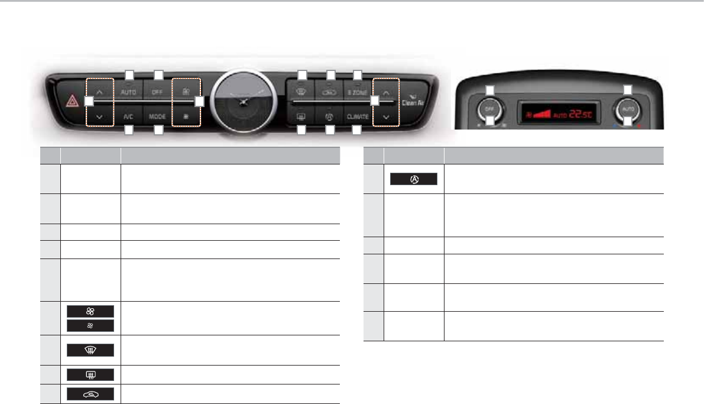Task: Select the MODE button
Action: click(157, 117)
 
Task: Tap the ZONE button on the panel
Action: click(358, 92)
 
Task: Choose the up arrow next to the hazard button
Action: click(99, 92)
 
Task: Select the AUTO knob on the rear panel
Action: click(628, 109)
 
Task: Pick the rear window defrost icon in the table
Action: click(90, 374)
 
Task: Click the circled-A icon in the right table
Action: click(413, 179)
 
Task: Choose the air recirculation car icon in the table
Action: click(90, 393)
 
